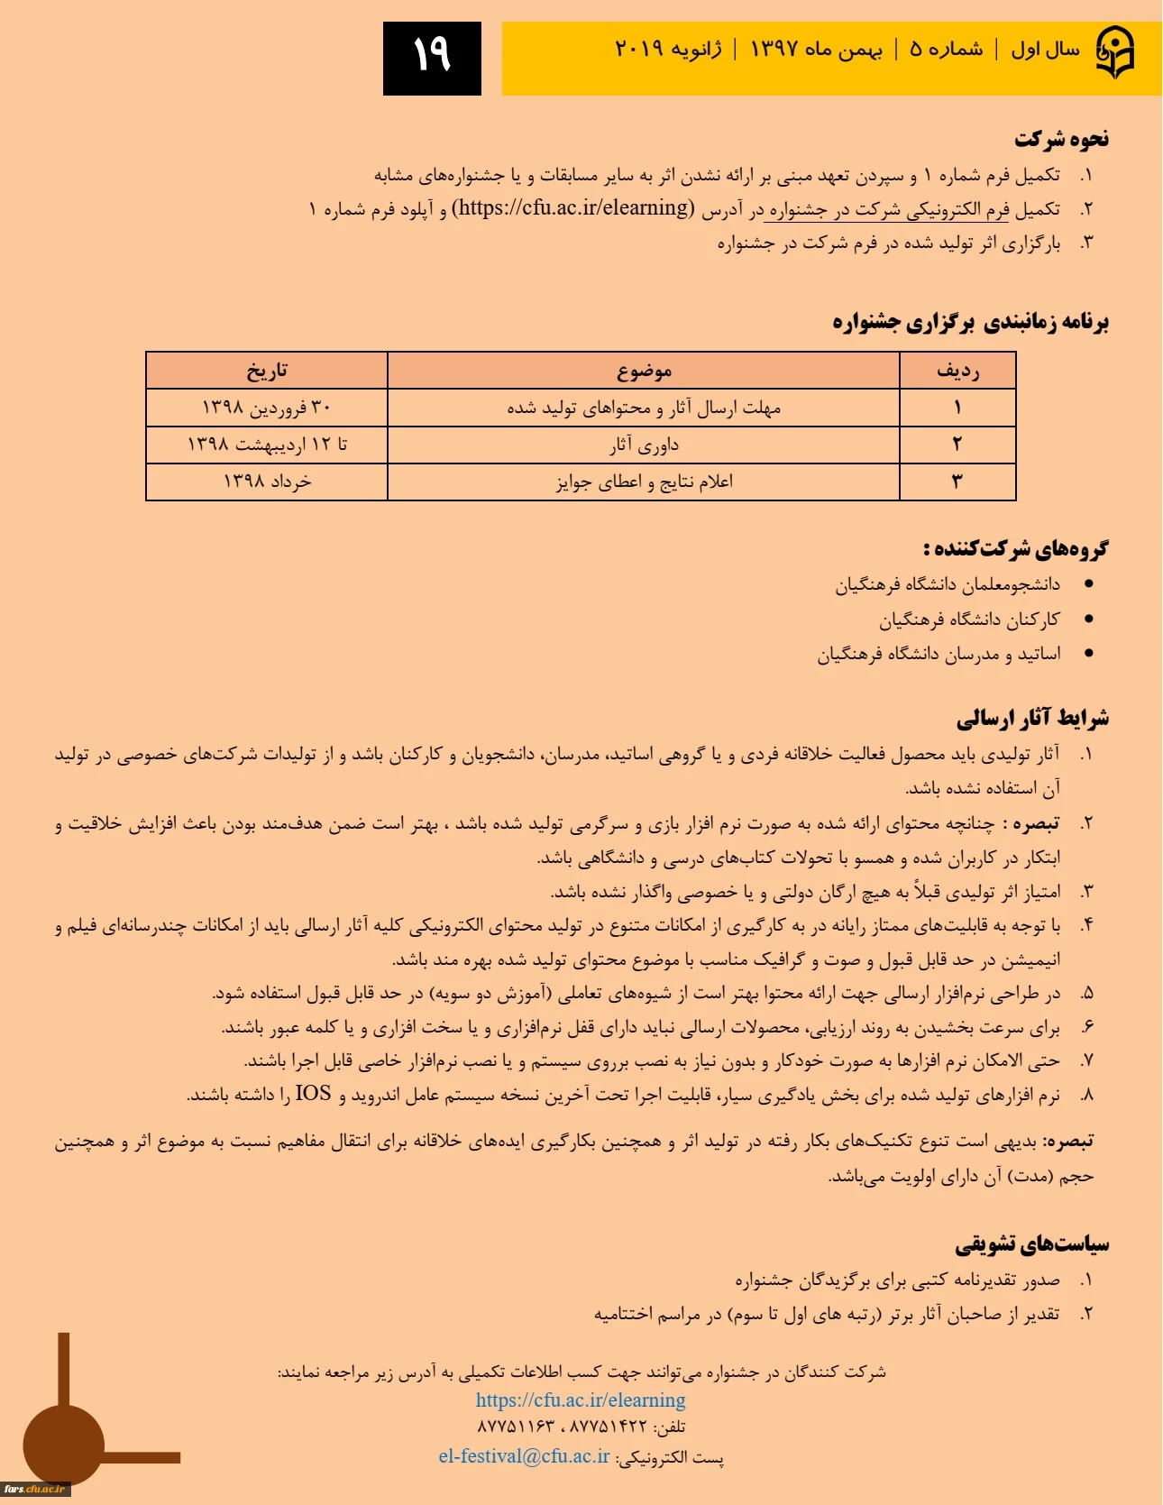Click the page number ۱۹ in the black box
(x=432, y=57)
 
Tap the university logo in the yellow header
(x=1115, y=52)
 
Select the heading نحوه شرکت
(x=1061, y=139)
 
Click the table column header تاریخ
(x=267, y=371)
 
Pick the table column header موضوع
(x=644, y=371)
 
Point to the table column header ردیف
(x=957, y=371)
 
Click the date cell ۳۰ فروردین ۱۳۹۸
(x=267, y=408)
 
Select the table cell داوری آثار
(x=644, y=445)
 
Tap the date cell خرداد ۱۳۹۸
(x=267, y=482)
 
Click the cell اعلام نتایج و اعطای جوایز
(x=644, y=482)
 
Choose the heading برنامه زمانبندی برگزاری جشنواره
(x=970, y=322)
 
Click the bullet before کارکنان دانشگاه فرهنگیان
(x=1089, y=619)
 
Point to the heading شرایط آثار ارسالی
(x=1032, y=719)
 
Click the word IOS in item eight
(x=313, y=1094)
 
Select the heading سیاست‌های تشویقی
(x=1032, y=1244)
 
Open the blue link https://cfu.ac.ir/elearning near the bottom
(x=581, y=1400)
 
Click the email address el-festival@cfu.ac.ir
(x=524, y=1457)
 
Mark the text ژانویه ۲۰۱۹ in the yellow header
(x=668, y=49)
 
